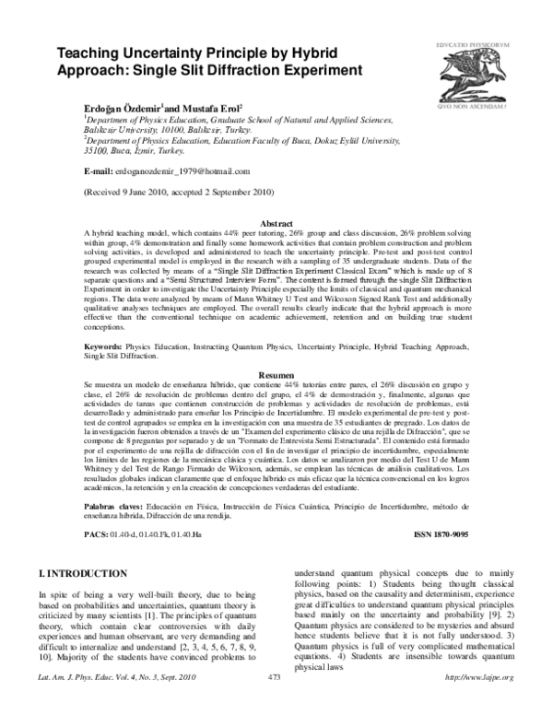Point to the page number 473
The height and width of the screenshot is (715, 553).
(274, 703)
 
